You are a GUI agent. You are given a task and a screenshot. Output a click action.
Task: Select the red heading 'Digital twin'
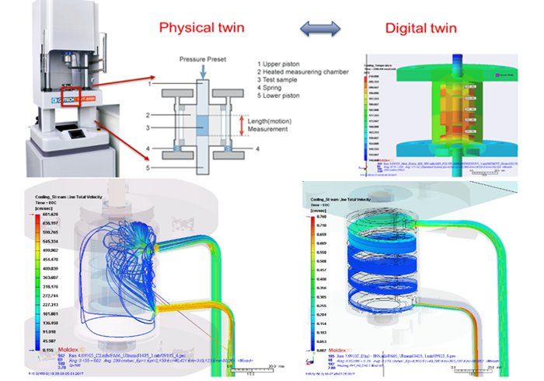426,29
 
